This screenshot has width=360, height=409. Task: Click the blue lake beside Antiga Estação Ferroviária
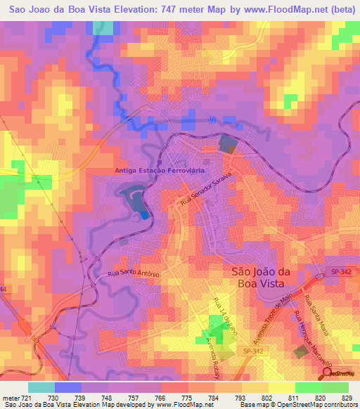pos(136,199)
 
